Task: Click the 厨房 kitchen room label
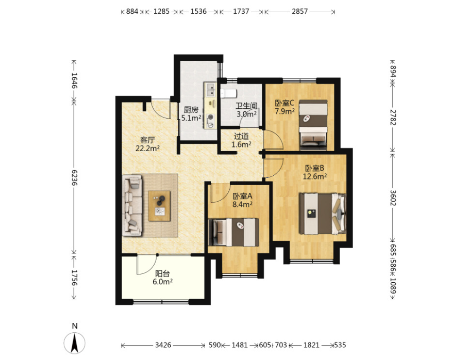coord(191,110)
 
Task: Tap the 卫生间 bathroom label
coord(247,106)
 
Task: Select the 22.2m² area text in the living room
coord(148,148)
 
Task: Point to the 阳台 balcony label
coord(162,273)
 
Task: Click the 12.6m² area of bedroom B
coord(315,176)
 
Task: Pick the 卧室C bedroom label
coord(284,103)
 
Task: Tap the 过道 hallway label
coord(241,136)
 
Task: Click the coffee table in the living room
coord(159,206)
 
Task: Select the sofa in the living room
coord(132,205)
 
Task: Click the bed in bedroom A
coord(233,232)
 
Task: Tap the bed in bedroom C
coord(313,125)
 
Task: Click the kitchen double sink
coord(210,90)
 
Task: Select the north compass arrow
coord(75,343)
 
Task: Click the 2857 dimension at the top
coord(299,11)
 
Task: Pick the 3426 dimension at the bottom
coord(163,345)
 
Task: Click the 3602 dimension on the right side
coord(393,198)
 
